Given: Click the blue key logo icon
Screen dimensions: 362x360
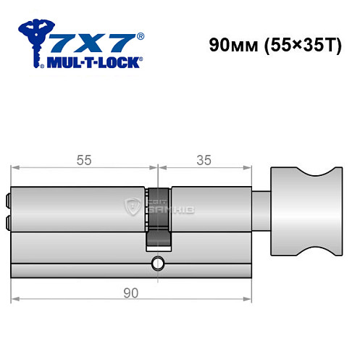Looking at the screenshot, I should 35,40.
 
